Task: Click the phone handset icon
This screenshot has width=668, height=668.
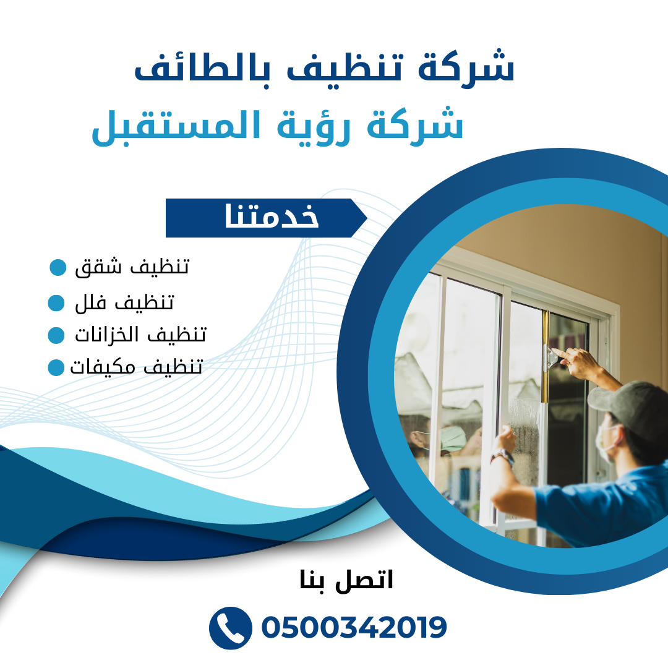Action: click(x=231, y=628)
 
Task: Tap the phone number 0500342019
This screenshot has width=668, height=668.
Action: click(x=354, y=628)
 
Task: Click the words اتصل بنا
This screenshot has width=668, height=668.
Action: click(x=346, y=580)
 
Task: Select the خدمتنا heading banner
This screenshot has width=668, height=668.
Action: click(x=266, y=218)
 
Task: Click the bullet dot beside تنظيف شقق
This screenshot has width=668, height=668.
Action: click(x=58, y=267)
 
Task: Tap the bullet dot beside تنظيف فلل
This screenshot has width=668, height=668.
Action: click(x=56, y=303)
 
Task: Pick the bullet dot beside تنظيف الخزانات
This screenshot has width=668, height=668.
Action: click(x=56, y=335)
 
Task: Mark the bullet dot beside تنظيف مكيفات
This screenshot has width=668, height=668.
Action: click(x=56, y=367)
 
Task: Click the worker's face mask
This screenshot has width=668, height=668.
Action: click(x=606, y=442)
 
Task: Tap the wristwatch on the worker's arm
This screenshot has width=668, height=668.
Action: click(x=502, y=458)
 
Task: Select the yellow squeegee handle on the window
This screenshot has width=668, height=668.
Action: click(x=545, y=356)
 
